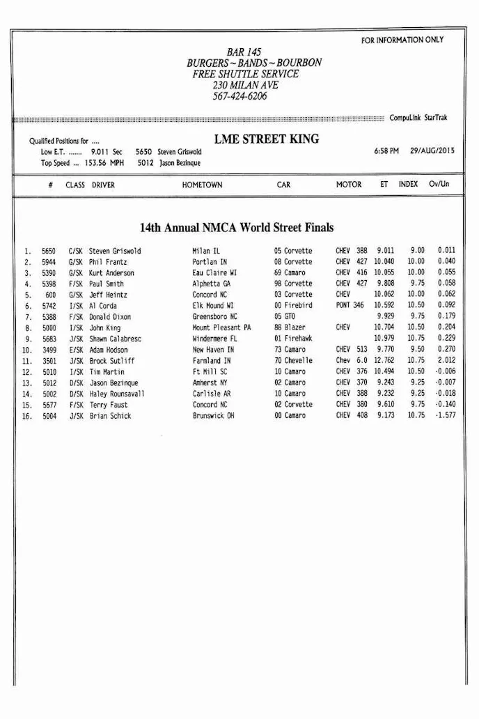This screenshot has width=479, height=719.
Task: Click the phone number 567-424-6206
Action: click(239, 96)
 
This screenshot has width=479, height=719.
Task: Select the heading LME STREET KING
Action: click(267, 139)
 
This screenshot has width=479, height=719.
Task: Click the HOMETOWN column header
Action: click(202, 185)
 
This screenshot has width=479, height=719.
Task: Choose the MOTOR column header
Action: click(349, 185)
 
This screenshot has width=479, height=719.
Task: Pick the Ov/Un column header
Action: click(439, 185)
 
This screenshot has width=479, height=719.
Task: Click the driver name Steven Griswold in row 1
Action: click(115, 251)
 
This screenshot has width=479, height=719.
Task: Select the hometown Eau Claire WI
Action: click(214, 273)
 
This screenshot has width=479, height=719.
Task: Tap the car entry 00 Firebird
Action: click(293, 306)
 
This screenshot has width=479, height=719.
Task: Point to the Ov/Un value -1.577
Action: click(446, 416)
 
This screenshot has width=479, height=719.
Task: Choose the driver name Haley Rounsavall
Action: click(117, 394)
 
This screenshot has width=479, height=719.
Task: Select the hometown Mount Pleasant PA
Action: click(222, 327)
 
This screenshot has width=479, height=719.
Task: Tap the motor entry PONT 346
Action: click(350, 306)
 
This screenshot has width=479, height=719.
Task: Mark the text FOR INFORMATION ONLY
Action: click(402, 40)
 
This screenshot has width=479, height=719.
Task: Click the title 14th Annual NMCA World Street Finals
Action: click(237, 228)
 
